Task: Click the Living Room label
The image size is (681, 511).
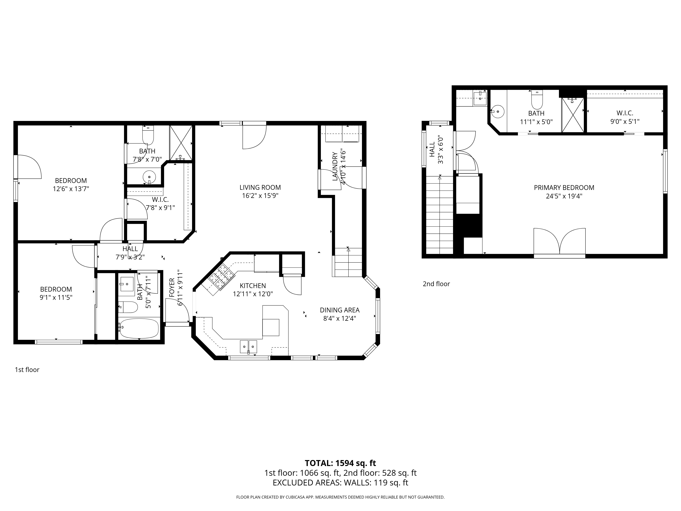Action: (260, 187)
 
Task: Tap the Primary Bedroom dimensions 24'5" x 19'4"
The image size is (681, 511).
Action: (564, 196)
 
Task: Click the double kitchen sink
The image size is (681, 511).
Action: (248, 346)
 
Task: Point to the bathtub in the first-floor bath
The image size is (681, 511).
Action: (139, 328)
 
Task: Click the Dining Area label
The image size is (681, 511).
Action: (340, 310)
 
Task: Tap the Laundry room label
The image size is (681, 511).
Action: (335, 166)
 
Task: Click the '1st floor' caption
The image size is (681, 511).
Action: (27, 370)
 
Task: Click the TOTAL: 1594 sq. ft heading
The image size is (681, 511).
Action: (340, 472)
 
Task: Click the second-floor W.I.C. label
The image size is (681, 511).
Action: (625, 113)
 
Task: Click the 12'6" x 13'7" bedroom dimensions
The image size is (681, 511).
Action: (71, 189)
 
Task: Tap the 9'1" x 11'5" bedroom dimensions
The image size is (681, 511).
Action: (56, 298)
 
